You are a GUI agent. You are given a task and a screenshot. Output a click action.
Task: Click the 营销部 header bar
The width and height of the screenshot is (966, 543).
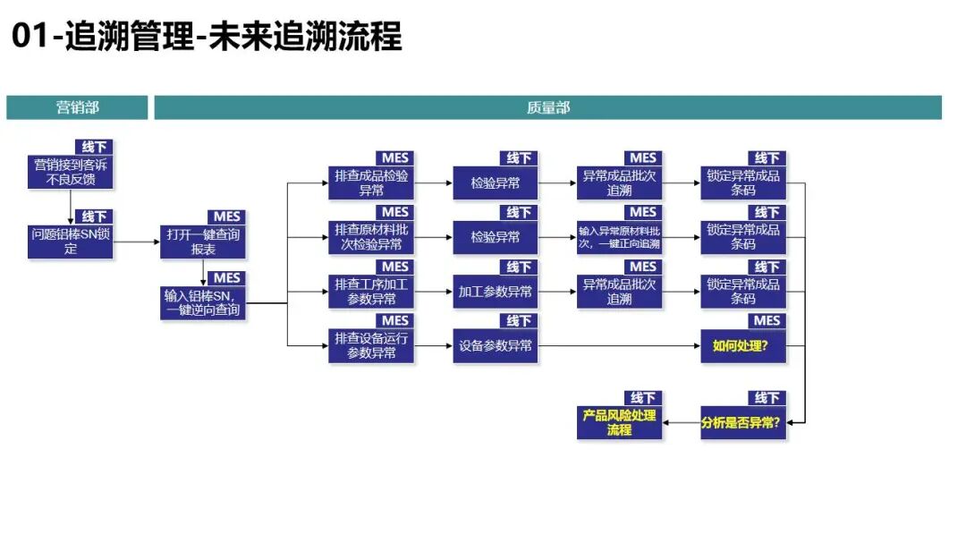(77, 107)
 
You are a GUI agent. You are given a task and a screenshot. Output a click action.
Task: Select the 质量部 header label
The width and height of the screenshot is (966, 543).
(547, 107)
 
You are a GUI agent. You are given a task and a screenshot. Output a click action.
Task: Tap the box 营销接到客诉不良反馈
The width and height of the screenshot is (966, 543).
(71, 172)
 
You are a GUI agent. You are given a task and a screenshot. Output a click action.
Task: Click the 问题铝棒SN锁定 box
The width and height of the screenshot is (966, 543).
(71, 241)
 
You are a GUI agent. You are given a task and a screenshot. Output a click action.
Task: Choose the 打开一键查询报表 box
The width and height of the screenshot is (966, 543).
(203, 242)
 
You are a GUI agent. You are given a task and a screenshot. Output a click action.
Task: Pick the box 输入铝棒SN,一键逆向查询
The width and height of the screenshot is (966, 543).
(203, 302)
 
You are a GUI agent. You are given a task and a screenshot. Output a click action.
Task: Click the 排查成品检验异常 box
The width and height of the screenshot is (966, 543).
(371, 183)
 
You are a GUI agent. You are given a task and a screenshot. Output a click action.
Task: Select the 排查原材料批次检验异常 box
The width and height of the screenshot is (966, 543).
(371, 237)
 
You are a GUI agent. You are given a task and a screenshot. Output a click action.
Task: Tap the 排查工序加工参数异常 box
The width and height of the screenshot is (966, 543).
(371, 292)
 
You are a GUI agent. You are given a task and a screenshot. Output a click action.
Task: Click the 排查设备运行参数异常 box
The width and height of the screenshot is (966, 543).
(371, 346)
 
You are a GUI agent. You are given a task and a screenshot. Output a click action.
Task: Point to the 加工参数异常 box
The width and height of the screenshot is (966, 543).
(496, 292)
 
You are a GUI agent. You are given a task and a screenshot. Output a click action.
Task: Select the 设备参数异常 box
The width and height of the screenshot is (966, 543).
(496, 346)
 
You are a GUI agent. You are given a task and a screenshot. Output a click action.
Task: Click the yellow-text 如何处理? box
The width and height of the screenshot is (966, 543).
(743, 346)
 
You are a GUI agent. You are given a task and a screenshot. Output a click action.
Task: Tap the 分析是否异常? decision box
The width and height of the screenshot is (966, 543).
(743, 423)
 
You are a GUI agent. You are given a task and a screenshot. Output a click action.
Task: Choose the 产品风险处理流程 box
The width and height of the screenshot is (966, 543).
(619, 423)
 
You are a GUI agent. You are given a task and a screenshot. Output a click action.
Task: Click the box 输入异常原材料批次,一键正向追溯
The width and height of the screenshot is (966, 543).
(619, 237)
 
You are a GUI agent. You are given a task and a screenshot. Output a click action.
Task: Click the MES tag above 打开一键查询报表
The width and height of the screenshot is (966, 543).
(226, 217)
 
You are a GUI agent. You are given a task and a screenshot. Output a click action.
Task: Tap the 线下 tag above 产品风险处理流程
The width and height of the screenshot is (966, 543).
(643, 398)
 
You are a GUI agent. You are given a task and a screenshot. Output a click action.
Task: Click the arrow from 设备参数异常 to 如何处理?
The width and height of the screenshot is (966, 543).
(619, 346)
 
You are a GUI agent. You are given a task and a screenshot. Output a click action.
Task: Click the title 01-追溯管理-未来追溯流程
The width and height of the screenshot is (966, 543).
(207, 35)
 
